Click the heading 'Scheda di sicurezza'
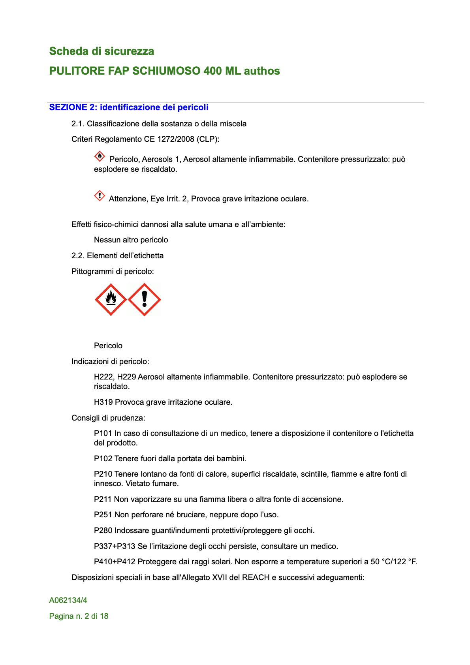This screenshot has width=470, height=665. click(102, 51)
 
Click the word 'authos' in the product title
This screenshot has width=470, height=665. click(262, 71)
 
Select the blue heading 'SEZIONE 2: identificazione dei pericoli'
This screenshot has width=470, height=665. click(129, 107)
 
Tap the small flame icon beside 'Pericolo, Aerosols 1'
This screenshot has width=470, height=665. click(100, 156)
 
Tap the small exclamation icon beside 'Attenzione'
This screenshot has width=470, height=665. click(100, 195)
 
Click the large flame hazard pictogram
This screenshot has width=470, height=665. click(111, 300)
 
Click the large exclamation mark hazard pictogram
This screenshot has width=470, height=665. click(145, 300)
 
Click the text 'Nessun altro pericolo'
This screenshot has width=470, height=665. click(131, 240)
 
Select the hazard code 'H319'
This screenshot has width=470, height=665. click(103, 402)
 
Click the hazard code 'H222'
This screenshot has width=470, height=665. click(103, 377)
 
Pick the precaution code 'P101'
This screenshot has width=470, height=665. click(103, 434)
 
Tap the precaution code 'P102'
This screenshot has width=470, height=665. click(103, 459)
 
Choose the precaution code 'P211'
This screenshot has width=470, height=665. click(103, 500)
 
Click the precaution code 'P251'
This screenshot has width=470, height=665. click(103, 515)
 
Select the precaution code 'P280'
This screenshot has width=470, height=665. click(103, 531)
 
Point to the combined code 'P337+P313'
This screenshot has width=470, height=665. click(115, 547)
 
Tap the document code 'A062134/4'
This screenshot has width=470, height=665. click(68, 601)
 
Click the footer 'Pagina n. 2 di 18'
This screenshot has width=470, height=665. click(79, 616)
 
